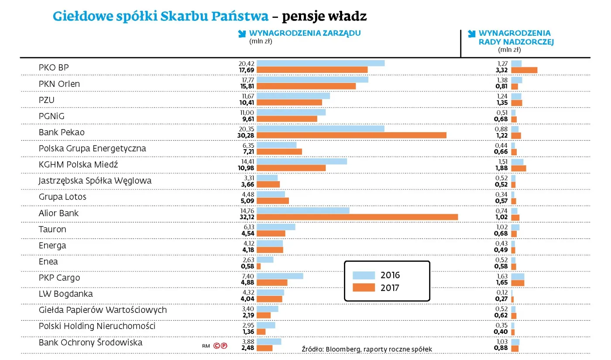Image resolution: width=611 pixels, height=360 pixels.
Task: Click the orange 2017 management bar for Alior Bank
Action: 357,217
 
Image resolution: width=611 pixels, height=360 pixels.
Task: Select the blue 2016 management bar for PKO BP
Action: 320,63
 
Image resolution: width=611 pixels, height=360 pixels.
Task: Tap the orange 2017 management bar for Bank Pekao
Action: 351,135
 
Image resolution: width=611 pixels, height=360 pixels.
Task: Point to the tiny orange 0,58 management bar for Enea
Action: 258,266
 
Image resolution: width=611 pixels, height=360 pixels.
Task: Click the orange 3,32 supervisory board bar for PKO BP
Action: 524,70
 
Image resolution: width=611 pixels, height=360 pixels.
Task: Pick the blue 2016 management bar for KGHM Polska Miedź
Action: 302,161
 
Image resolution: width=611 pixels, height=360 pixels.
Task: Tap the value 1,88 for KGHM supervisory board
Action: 501,168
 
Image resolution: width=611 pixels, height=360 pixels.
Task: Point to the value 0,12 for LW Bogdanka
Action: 501,292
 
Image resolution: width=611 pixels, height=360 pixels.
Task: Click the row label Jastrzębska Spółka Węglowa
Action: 95,181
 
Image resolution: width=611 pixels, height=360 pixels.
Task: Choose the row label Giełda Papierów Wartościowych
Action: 103,310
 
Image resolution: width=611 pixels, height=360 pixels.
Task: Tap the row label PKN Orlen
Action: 59,84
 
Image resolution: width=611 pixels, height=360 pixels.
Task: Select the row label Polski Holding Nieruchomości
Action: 97,326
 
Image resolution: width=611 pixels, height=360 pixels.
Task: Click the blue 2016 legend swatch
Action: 364,275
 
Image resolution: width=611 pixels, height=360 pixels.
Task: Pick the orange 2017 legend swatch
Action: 364,288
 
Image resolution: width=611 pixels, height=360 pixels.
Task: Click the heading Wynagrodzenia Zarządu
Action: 305,33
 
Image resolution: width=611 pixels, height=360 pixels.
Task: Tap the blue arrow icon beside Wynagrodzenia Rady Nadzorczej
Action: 471,34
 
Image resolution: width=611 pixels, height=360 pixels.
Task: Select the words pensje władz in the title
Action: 324,16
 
